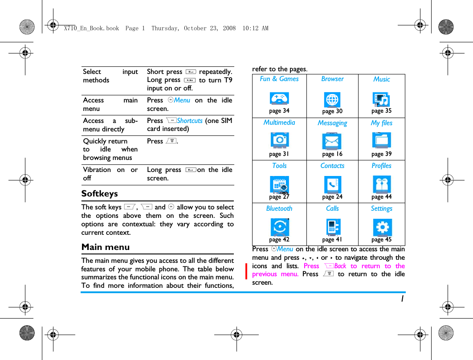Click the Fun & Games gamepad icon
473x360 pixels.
pos(279,98)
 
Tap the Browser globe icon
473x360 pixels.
pos(332,99)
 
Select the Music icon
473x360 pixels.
pos(381,99)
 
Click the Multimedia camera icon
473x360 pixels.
pos(279,140)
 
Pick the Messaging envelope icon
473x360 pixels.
pos(332,141)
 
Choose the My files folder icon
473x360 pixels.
pos(382,140)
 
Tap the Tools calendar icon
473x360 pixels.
pos(279,184)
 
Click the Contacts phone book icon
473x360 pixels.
pos(332,184)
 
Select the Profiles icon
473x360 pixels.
pos(382,184)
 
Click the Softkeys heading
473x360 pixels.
pos(100,194)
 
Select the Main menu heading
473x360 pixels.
pos(106,247)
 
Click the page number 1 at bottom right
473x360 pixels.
pos(402,299)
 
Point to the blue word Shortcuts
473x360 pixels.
pos(190,121)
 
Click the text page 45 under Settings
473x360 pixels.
pos(382,240)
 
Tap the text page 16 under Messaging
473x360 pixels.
pos(332,154)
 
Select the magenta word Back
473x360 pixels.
pos(340,266)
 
